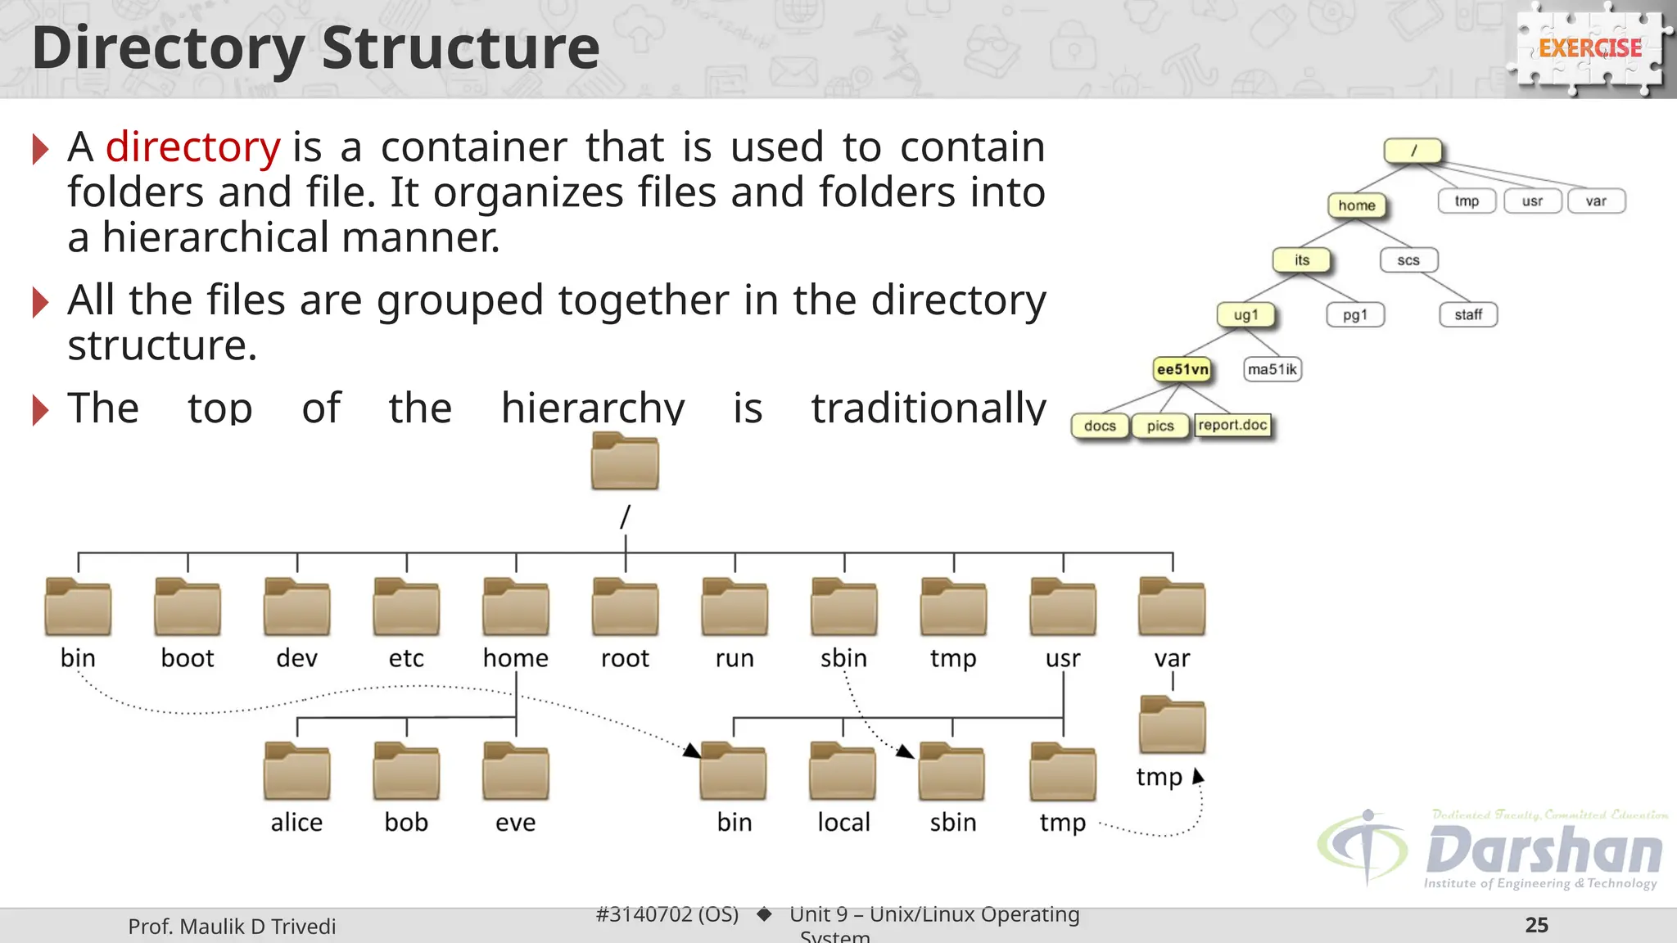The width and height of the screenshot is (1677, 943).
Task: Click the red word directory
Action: [193, 147]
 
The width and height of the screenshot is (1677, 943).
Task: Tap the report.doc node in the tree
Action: [1232, 425]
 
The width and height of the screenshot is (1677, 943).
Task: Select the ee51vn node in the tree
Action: [1182, 369]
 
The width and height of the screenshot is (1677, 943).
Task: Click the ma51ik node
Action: [1272, 369]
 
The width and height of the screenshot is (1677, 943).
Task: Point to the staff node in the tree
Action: [1468, 314]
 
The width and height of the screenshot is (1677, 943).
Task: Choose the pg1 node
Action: [1355, 314]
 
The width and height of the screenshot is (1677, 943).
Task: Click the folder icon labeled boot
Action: [188, 607]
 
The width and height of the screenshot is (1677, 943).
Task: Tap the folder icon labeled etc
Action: [406, 607]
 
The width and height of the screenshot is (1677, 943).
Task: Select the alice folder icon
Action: [296, 771]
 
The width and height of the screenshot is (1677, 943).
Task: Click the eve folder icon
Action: [516, 771]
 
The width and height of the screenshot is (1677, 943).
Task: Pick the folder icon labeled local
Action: [843, 771]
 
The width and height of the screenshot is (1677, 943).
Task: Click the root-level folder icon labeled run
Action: [735, 607]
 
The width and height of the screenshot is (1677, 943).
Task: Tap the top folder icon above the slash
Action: [625, 461]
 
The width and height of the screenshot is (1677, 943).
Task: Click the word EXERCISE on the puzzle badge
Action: [1590, 48]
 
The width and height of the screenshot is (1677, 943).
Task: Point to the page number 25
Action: [1536, 925]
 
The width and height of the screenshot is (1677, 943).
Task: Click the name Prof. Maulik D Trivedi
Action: [232, 927]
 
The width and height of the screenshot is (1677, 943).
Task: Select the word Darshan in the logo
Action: [1544, 851]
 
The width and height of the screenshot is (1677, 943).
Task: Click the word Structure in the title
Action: [460, 48]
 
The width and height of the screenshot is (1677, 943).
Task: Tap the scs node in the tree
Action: [1408, 260]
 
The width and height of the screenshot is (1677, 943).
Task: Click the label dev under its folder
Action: [296, 658]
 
